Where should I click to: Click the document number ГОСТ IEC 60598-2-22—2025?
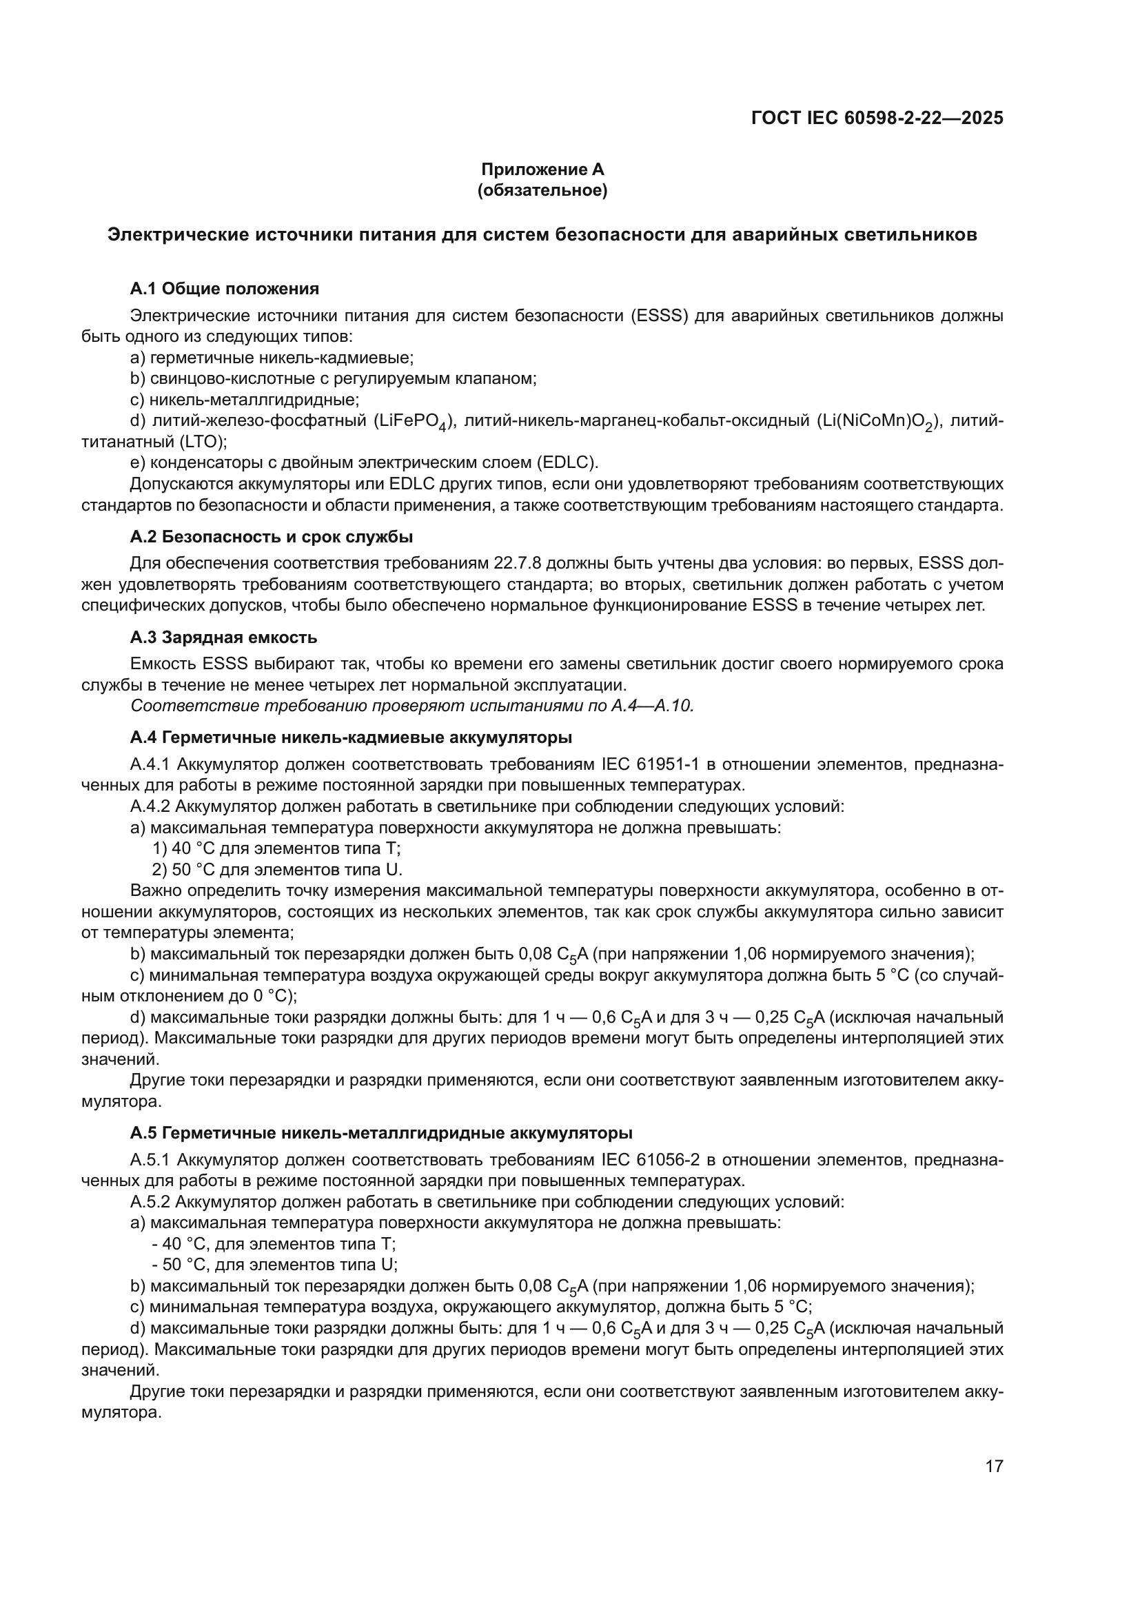click(x=877, y=118)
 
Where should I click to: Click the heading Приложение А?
click(x=542, y=170)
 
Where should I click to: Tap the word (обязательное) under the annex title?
click(x=542, y=190)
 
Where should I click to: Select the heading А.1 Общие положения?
click(x=225, y=289)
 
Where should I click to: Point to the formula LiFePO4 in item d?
click(x=410, y=421)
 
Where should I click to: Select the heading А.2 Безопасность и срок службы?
click(x=271, y=537)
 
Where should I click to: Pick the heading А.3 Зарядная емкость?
click(x=224, y=637)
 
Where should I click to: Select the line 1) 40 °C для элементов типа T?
click(x=276, y=848)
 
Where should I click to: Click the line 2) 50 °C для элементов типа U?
click(x=277, y=869)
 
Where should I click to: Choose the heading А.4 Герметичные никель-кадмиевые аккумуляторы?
click(x=351, y=738)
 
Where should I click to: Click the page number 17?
click(x=994, y=1466)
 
